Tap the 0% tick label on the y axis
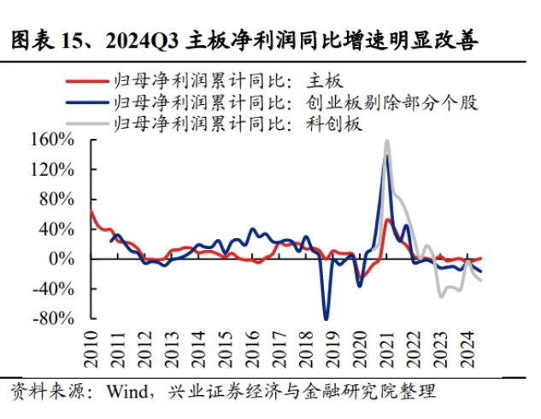[x=69, y=259]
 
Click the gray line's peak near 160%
[x=387, y=141]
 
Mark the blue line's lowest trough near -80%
[x=326, y=318]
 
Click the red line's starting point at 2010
[x=91, y=211]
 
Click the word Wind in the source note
[x=128, y=392]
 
